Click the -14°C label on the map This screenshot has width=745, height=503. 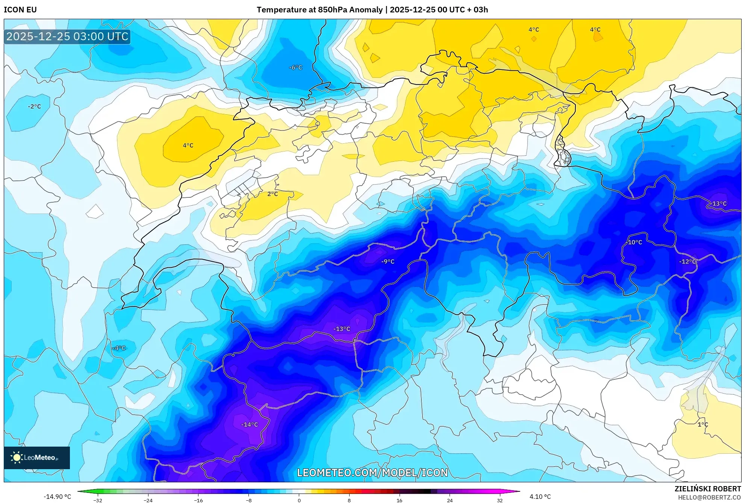coord(250,424)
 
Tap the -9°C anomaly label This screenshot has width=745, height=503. coord(388,261)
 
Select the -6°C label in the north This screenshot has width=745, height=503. coord(295,67)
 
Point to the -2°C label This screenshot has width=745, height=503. coord(34,106)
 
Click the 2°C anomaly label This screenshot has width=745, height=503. coord(273,194)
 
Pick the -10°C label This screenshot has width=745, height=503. coord(634,242)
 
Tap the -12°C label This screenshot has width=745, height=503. coord(687,261)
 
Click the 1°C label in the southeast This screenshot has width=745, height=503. coord(703,424)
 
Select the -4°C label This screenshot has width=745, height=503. coord(119,348)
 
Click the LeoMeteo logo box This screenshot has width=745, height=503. coord(37,458)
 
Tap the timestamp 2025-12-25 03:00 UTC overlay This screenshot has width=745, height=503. coord(67,36)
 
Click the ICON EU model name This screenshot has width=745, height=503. coord(20,10)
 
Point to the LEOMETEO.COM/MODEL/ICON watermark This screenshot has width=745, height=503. coord(372,473)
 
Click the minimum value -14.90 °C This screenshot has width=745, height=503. coord(57,497)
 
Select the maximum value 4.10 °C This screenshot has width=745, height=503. coord(540,497)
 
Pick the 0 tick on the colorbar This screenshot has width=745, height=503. coord(299,500)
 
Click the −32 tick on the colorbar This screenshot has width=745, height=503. coord(98,500)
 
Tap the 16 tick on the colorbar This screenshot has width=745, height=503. coord(399,500)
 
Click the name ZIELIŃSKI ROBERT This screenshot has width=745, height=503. coord(707,489)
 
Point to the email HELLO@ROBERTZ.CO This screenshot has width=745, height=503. coord(709,497)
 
